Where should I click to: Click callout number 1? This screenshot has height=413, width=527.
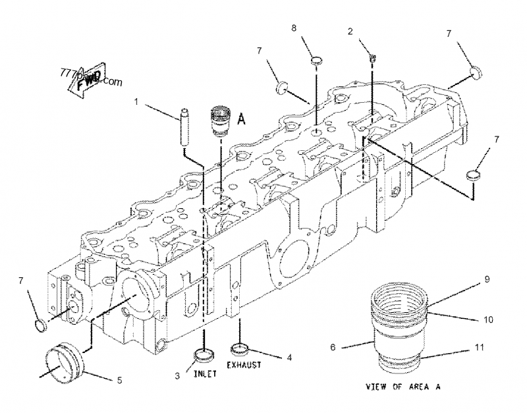pyautogui.click(x=136, y=101)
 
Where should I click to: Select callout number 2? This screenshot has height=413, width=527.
pyautogui.click(x=350, y=31)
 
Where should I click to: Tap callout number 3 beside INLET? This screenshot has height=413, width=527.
pyautogui.click(x=177, y=375)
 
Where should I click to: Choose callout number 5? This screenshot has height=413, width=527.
pyautogui.click(x=119, y=379)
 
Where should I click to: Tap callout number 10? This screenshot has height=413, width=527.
pyautogui.click(x=488, y=319)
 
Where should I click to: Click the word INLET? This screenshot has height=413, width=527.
pyautogui.click(x=206, y=375)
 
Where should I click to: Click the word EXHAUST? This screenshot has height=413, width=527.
pyautogui.click(x=244, y=364)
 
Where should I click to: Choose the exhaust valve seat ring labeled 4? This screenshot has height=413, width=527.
pyautogui.click(x=240, y=347)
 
